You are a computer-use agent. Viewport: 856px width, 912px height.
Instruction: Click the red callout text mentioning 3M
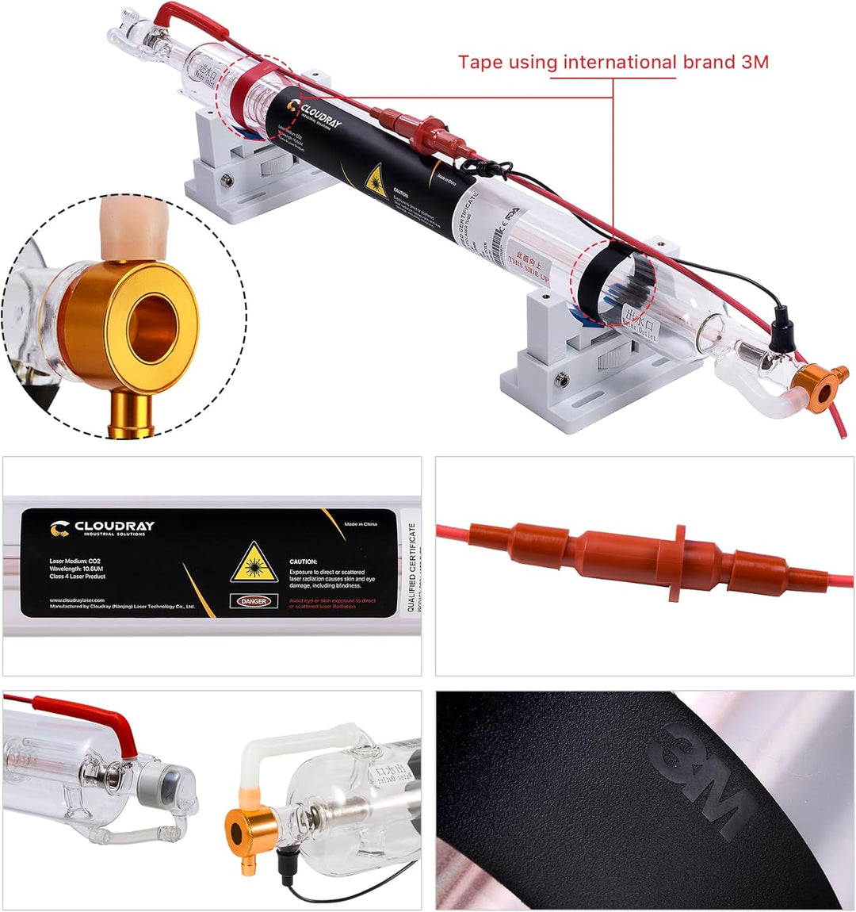point(613,62)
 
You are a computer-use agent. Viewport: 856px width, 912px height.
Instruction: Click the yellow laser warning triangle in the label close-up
point(254,562)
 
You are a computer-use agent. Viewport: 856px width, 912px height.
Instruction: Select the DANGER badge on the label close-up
point(254,601)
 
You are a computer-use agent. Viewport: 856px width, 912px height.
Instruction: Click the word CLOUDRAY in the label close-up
point(114,526)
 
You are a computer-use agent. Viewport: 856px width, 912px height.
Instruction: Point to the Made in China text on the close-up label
point(361,524)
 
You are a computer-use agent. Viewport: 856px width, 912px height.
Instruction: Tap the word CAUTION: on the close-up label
point(304,561)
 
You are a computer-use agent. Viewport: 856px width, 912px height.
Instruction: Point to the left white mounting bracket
point(238,171)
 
